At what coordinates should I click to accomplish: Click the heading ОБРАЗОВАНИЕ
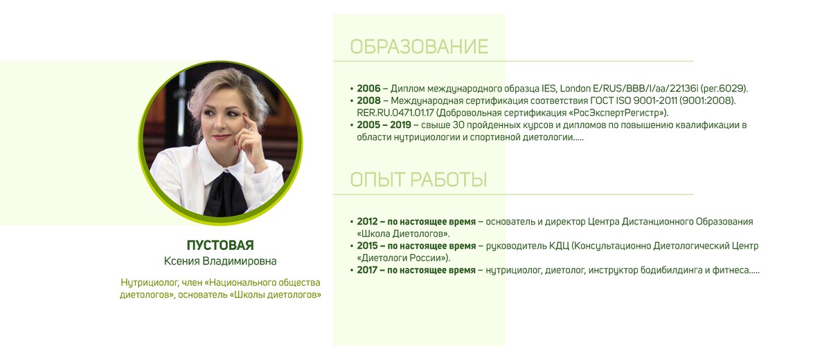point(419,46)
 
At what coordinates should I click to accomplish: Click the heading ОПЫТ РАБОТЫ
point(418,180)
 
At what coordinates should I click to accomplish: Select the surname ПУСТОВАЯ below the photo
point(220,245)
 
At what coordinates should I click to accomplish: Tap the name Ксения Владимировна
point(220,261)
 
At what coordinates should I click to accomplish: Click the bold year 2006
point(368,88)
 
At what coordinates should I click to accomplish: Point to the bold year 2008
point(368,100)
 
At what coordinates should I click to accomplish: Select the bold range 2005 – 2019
point(384,125)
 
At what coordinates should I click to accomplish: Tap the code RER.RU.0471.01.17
point(395,113)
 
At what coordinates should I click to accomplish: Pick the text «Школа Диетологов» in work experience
point(402,233)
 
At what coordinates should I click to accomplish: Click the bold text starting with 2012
point(416,222)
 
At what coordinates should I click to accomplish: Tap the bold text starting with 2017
point(416,270)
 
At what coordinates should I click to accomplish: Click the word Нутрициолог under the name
point(149,282)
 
